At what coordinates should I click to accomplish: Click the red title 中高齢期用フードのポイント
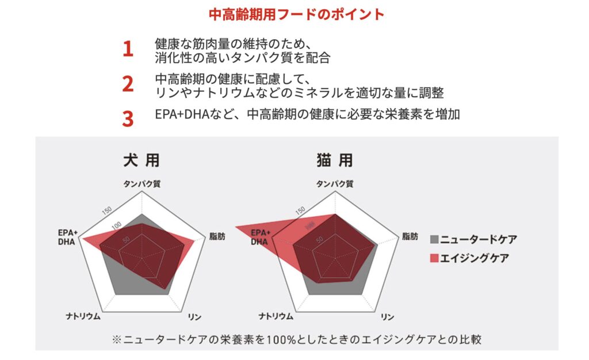point(297,14)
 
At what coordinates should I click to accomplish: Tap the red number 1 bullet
point(128,49)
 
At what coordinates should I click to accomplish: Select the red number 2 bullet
point(128,84)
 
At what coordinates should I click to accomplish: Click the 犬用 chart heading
point(141,160)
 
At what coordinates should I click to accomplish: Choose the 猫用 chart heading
point(335,160)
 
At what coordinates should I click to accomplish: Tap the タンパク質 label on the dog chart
point(142,184)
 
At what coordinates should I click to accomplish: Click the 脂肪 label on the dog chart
point(217,236)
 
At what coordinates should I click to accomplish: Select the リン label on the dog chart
point(194,317)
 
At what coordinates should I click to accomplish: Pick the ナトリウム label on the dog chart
point(83,316)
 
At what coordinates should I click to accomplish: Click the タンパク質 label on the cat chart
point(335,184)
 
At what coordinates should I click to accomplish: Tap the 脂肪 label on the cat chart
point(410,236)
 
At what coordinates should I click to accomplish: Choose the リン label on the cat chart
point(387,317)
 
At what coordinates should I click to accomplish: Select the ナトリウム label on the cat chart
point(276,316)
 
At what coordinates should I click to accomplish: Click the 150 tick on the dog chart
point(107,210)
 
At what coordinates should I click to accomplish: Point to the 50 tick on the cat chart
point(319,239)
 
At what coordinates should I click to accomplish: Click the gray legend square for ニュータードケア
point(434,239)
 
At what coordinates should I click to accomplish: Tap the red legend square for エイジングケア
point(434,258)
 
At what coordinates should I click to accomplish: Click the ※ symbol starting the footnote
point(117,340)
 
